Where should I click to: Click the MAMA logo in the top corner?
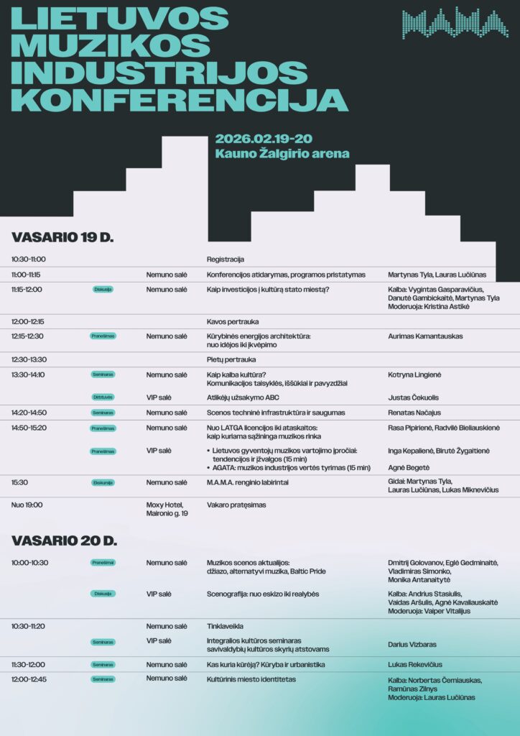click(x=455, y=23)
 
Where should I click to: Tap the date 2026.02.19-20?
click(x=264, y=139)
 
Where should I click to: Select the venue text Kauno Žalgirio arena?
click(x=282, y=153)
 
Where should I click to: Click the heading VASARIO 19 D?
click(x=62, y=237)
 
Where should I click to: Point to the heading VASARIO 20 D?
click(x=64, y=540)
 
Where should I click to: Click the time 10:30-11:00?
click(x=29, y=259)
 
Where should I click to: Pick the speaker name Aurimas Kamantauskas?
click(x=425, y=336)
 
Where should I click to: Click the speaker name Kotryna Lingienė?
click(x=415, y=374)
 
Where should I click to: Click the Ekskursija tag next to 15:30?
click(x=103, y=482)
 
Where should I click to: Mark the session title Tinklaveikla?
click(x=225, y=626)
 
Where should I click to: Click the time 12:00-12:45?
click(x=29, y=678)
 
